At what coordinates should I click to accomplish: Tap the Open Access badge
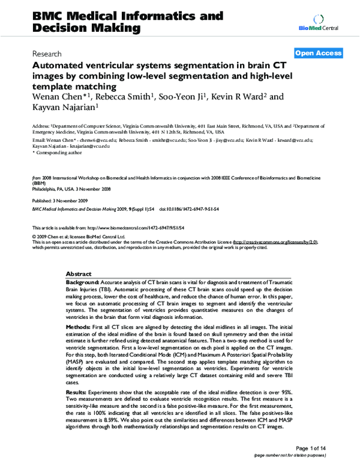point(319,53)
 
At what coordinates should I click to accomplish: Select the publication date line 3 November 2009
point(60,201)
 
